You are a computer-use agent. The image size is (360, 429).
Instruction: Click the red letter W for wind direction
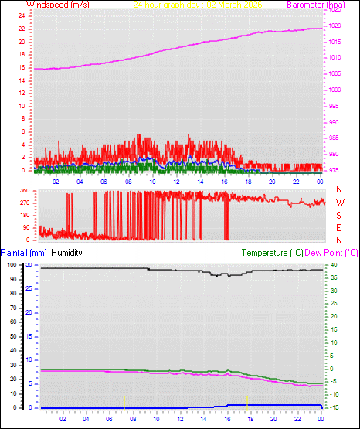pyautogui.click(x=339, y=202)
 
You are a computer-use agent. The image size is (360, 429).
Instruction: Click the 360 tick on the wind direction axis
pyautogui.click(x=24, y=190)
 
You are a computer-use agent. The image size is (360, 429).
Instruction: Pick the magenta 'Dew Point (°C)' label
pyautogui.click(x=331, y=252)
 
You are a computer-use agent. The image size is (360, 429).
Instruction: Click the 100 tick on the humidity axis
pyautogui.click(x=12, y=264)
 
